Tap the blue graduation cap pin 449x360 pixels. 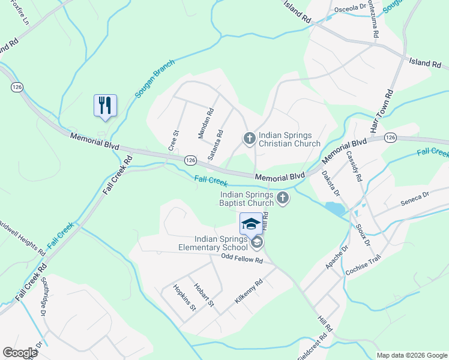point(251,224)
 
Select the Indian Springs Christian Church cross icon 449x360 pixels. point(250,139)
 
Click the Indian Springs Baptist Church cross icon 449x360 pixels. point(283,197)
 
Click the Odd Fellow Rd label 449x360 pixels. point(242,260)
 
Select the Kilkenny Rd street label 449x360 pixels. point(249,291)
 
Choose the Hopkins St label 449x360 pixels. point(184,298)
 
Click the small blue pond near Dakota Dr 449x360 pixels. point(334,209)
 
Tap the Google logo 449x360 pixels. point(20,353)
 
